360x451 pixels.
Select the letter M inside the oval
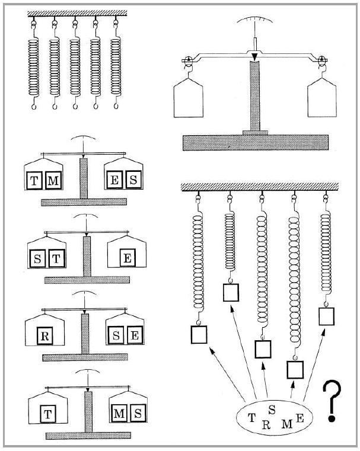click(x=286, y=424)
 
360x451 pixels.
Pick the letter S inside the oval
click(x=272, y=410)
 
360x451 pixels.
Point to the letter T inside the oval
click(x=252, y=417)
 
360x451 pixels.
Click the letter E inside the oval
click(x=300, y=418)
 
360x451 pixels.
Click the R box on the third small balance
click(x=45, y=335)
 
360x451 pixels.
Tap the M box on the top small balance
click(x=53, y=180)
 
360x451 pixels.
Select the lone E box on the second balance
click(x=128, y=258)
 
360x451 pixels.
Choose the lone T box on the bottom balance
click(x=48, y=414)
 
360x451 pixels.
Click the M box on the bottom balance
click(x=119, y=413)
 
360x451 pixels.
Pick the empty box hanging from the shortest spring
click(x=231, y=293)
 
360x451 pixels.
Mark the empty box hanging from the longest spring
click(x=295, y=370)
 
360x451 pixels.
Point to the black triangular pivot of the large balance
click(x=254, y=57)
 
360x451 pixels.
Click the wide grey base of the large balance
click(x=256, y=142)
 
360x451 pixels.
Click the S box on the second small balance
click(x=37, y=258)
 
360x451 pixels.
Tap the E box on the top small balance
click(x=114, y=180)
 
